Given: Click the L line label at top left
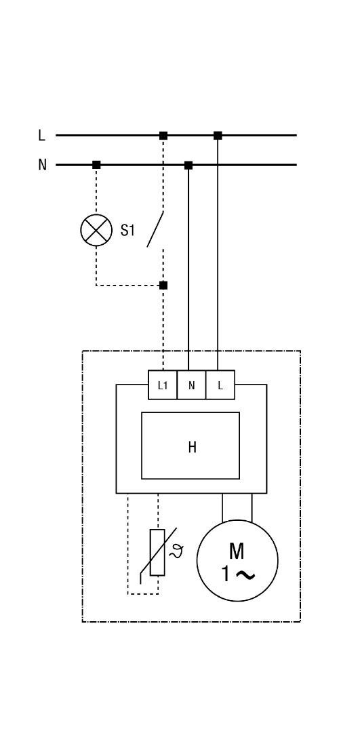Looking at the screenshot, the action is click(41, 135).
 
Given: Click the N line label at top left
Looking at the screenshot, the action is click(42, 165).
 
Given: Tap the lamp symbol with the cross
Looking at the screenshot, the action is click(96, 231).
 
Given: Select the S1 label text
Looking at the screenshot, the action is click(127, 231).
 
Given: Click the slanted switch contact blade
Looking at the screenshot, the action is click(155, 229).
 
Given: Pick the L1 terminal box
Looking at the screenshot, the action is click(163, 385).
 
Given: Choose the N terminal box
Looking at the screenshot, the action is click(192, 385).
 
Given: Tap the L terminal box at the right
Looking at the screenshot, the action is click(220, 385).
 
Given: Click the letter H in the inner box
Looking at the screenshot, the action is click(192, 447).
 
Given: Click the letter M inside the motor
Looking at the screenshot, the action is click(237, 551).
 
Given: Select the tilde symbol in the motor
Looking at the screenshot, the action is click(245, 575).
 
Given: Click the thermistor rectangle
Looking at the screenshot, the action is click(157, 552).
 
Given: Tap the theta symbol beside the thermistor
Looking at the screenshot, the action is click(176, 552).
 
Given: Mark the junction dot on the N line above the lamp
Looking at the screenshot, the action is click(96, 165).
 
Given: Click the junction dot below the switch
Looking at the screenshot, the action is click(163, 286).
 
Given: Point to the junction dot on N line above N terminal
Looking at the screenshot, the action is click(188, 165).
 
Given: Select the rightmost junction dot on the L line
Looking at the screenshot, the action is click(218, 136).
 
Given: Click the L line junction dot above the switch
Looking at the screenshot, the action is click(163, 136).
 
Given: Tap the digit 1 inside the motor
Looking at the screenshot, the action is click(225, 574).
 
